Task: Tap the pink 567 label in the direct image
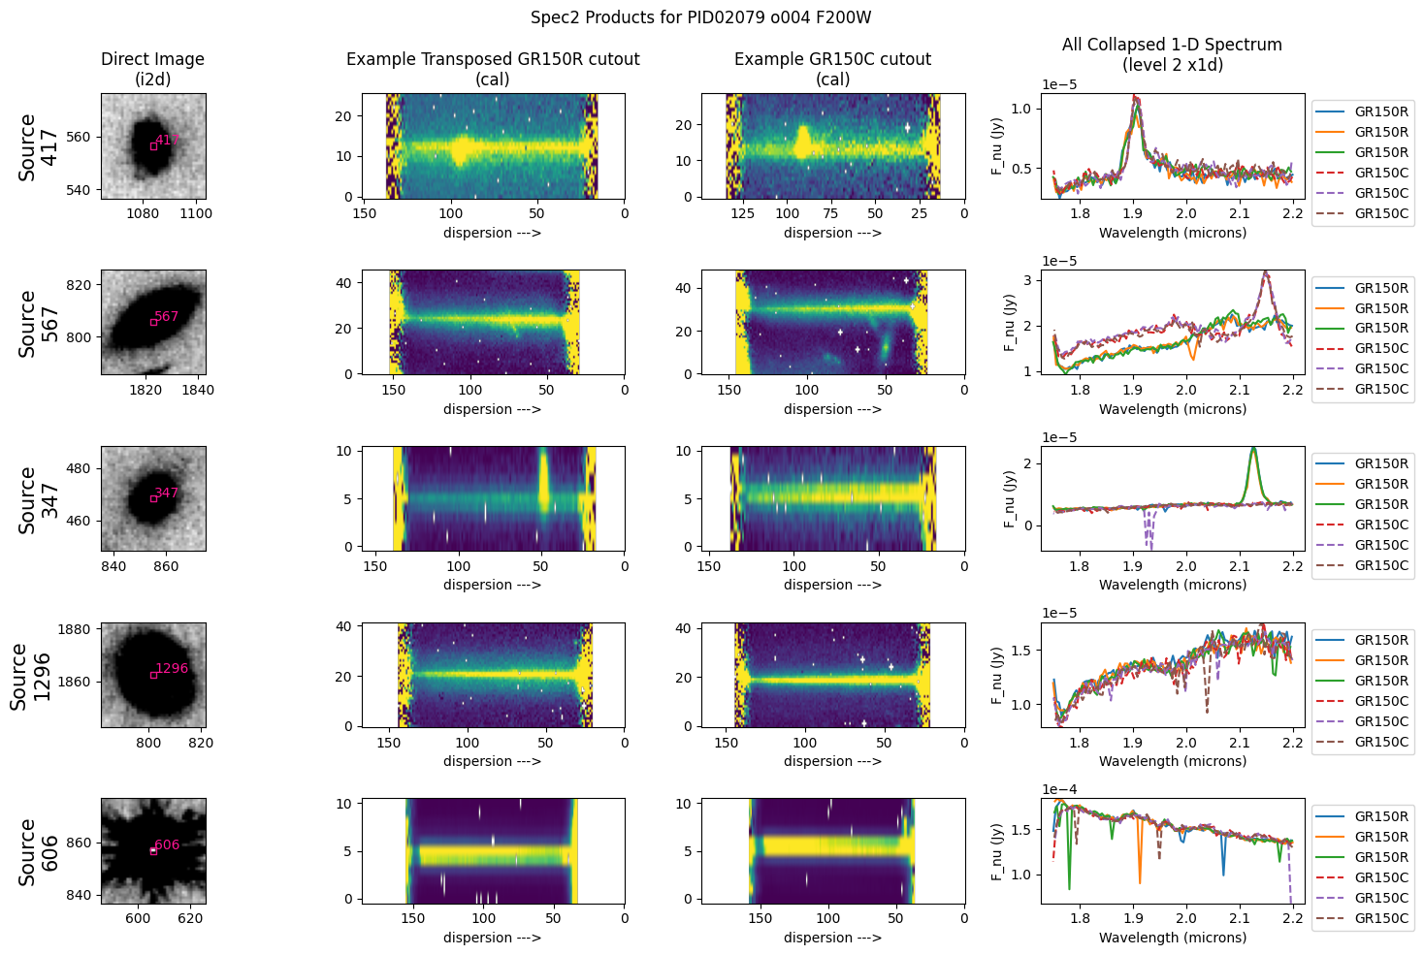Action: (167, 316)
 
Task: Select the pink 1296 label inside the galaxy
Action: (172, 668)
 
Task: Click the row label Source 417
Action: (38, 146)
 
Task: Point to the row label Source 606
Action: (38, 851)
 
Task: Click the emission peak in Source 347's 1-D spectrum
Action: (1253, 449)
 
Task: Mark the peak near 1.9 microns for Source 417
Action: (1136, 98)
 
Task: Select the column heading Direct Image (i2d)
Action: (152, 69)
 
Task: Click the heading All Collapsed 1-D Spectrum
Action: (1172, 54)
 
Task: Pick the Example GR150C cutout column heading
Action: (832, 69)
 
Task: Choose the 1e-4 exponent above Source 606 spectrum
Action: (1059, 789)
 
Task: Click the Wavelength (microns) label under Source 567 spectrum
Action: (1172, 409)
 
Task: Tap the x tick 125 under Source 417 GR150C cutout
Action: (743, 213)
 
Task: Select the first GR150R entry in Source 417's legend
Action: (1381, 111)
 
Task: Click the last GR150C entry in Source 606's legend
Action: (1381, 918)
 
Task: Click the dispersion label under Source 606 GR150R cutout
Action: (492, 938)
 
